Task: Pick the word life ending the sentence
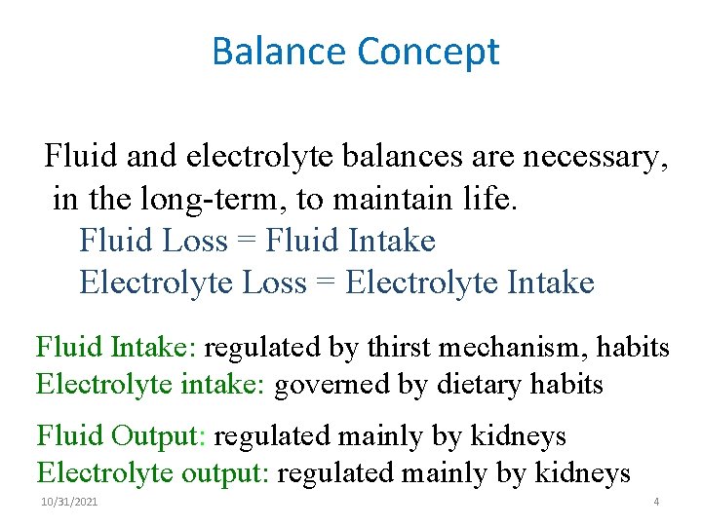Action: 491,200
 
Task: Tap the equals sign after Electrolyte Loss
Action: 326,282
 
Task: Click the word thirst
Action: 378,347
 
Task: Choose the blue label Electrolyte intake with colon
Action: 150,385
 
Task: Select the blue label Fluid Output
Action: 121,435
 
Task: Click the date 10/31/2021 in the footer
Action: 69,501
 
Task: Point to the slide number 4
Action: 656,501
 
